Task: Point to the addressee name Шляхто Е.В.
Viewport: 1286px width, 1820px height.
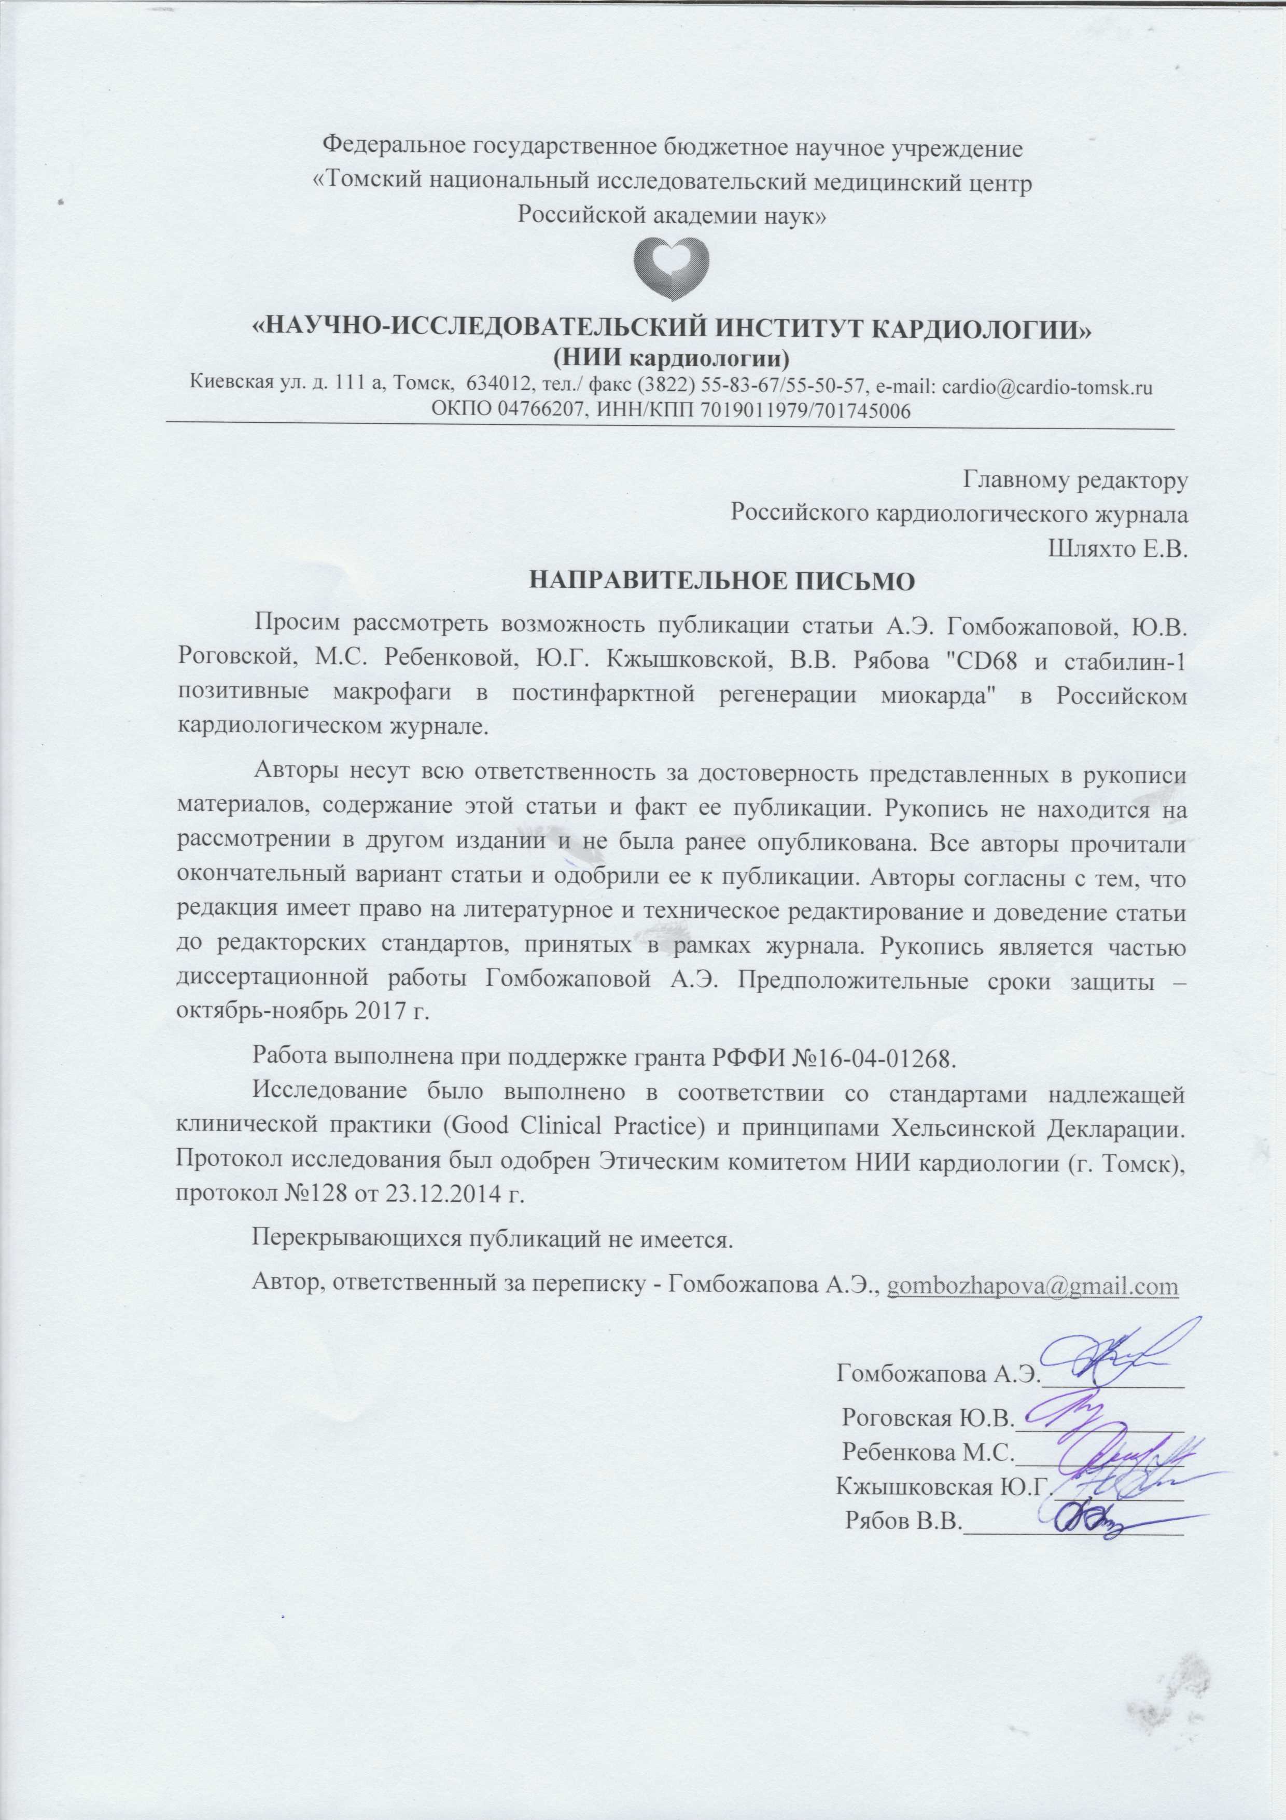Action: pyautogui.click(x=1118, y=548)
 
